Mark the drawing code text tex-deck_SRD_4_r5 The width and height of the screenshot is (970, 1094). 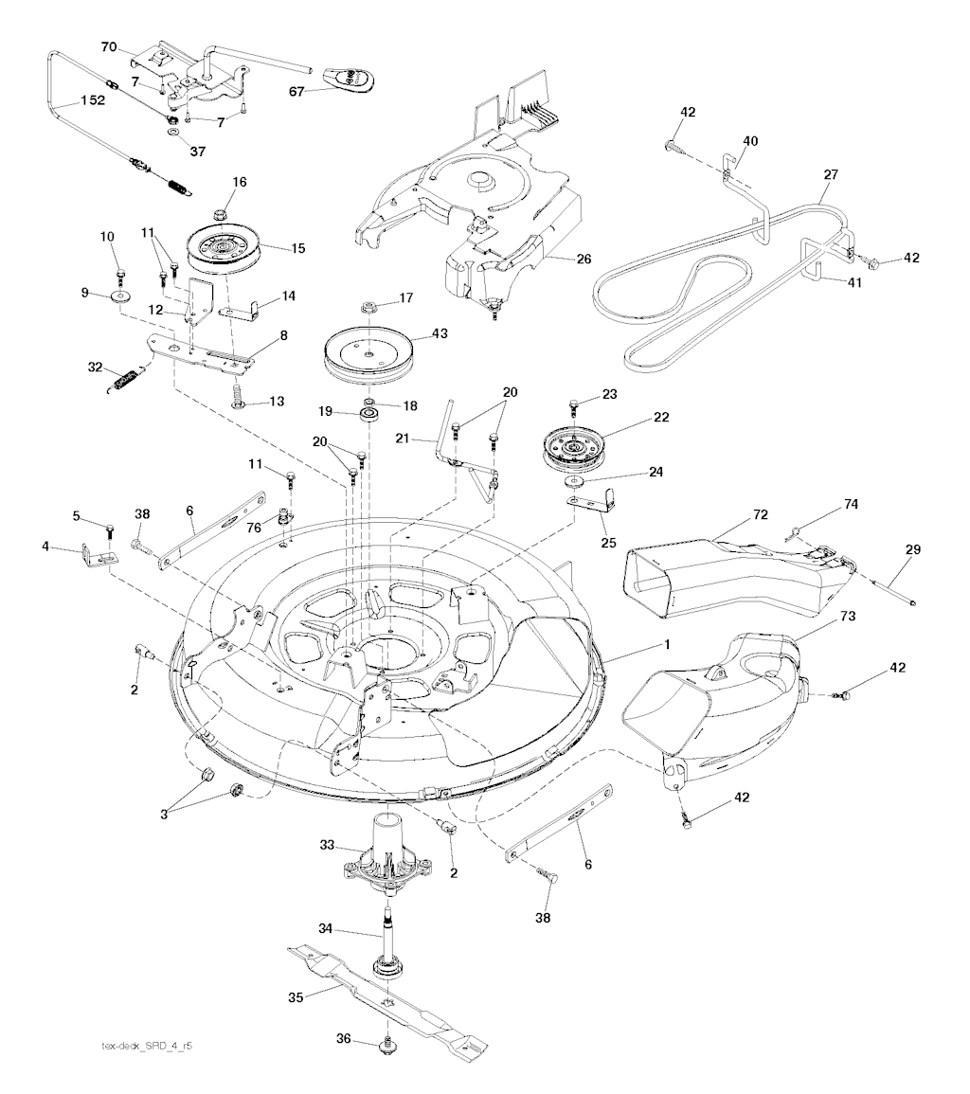[153, 1046]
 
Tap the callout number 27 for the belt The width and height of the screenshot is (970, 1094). [831, 175]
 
